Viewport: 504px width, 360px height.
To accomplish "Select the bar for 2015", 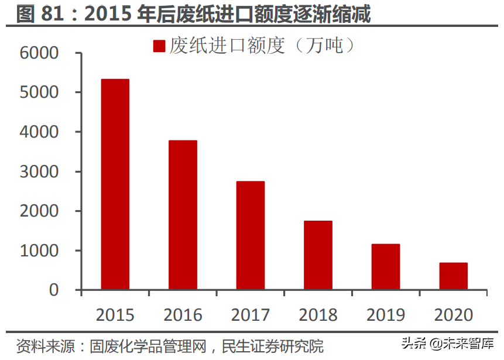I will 115,184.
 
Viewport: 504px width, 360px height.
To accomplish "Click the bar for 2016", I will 183,215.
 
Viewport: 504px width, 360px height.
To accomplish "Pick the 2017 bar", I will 251,235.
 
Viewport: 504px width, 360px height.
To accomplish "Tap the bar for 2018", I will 318,255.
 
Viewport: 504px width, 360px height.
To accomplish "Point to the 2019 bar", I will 386,267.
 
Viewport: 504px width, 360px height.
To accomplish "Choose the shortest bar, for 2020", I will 453,276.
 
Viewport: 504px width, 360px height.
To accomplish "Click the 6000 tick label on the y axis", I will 39,53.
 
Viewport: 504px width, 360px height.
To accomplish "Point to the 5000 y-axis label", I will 39,92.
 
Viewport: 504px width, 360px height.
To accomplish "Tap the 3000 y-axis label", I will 39,172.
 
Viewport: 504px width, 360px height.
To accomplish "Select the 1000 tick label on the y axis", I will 39,251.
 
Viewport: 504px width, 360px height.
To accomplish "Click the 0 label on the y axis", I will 54,290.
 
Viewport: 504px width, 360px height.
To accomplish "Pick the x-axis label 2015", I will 115,315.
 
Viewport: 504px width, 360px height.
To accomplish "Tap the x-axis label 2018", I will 318,315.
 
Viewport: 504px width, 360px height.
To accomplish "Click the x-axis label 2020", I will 453,315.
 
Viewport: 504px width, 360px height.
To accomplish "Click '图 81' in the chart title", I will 41,13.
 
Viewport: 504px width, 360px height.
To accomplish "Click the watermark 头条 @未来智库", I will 447,342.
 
